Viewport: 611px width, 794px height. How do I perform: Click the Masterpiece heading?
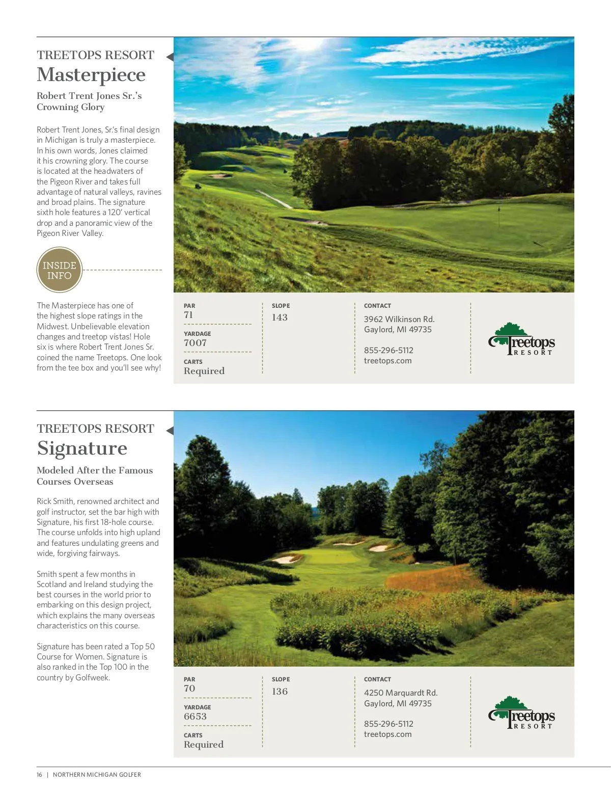click(91, 75)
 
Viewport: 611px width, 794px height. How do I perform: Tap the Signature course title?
click(82, 448)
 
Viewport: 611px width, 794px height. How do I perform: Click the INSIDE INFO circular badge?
click(60, 270)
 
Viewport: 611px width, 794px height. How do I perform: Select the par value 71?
click(188, 315)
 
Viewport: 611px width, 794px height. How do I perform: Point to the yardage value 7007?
click(195, 343)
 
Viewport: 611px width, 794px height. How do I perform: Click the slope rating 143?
click(280, 317)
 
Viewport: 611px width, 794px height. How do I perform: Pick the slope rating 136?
click(280, 692)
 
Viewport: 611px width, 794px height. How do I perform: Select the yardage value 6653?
click(195, 717)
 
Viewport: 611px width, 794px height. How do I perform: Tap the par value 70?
click(189, 689)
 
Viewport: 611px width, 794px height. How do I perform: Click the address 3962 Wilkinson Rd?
click(399, 319)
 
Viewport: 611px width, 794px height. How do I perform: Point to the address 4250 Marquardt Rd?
click(401, 693)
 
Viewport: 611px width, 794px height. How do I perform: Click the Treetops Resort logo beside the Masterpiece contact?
click(521, 339)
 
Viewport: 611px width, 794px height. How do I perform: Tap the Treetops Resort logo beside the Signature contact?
click(521, 713)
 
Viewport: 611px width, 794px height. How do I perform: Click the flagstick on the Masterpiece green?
click(499, 209)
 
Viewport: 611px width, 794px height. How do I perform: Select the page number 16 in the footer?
click(39, 775)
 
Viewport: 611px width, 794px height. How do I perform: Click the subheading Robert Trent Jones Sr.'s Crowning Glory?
click(89, 101)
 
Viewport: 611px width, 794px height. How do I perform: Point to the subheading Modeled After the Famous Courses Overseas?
click(95, 476)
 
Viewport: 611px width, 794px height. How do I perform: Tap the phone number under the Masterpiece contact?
click(388, 350)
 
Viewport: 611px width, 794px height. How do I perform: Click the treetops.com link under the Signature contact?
click(387, 734)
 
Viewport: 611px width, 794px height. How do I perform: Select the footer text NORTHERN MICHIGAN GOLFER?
click(97, 775)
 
